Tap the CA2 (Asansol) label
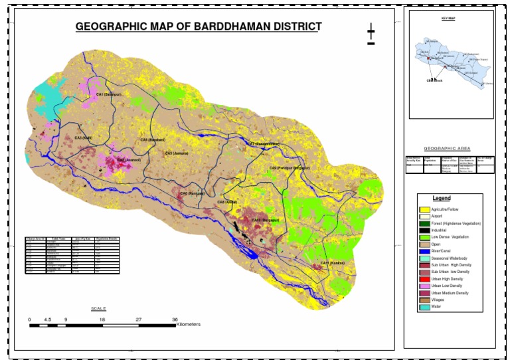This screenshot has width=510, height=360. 130,159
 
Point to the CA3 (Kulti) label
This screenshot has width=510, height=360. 83,137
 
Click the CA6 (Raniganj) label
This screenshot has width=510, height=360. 191,193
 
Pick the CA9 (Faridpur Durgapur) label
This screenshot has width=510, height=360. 290,169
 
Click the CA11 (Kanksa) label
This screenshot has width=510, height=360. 333,264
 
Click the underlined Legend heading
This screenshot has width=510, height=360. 442,199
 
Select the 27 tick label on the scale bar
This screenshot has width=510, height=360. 139,319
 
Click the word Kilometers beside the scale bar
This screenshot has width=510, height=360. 189,325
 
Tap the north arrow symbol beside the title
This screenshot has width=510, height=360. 371,35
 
